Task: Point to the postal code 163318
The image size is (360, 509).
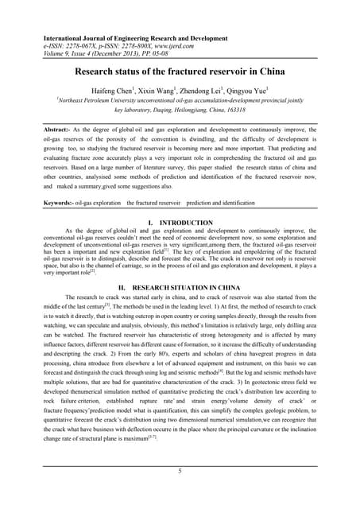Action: (x=265, y=112)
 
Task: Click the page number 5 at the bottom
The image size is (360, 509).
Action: (x=180, y=471)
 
